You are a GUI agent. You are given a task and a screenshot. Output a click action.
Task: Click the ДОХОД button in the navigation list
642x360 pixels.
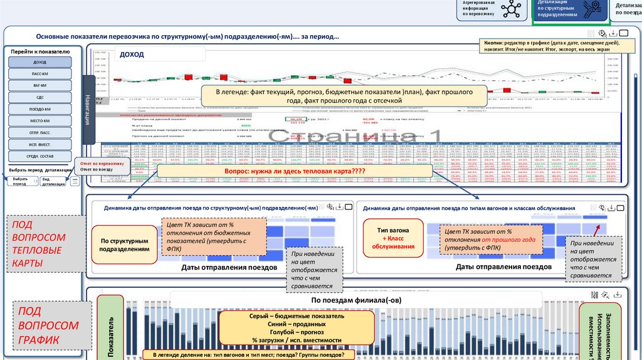point(39,63)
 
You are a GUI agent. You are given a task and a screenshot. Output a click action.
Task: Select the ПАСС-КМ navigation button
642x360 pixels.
point(39,74)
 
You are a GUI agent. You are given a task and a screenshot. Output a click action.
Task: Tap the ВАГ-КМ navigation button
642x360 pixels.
point(39,85)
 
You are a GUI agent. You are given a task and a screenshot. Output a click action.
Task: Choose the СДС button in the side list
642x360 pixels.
point(39,97)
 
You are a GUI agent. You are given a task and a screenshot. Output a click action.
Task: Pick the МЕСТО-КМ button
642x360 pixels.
point(39,120)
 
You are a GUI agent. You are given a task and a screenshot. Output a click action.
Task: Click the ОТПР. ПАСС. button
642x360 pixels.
point(39,132)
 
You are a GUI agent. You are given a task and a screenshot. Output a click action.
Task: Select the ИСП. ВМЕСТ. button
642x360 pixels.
point(39,144)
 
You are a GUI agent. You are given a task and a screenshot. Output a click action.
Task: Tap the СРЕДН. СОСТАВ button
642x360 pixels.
point(39,156)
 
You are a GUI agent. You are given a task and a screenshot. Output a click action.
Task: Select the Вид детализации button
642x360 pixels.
point(53,181)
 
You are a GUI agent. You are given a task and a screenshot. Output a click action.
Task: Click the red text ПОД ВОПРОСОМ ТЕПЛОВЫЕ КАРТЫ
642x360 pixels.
point(39,243)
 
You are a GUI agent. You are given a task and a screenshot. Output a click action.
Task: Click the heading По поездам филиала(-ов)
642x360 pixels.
point(356,300)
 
